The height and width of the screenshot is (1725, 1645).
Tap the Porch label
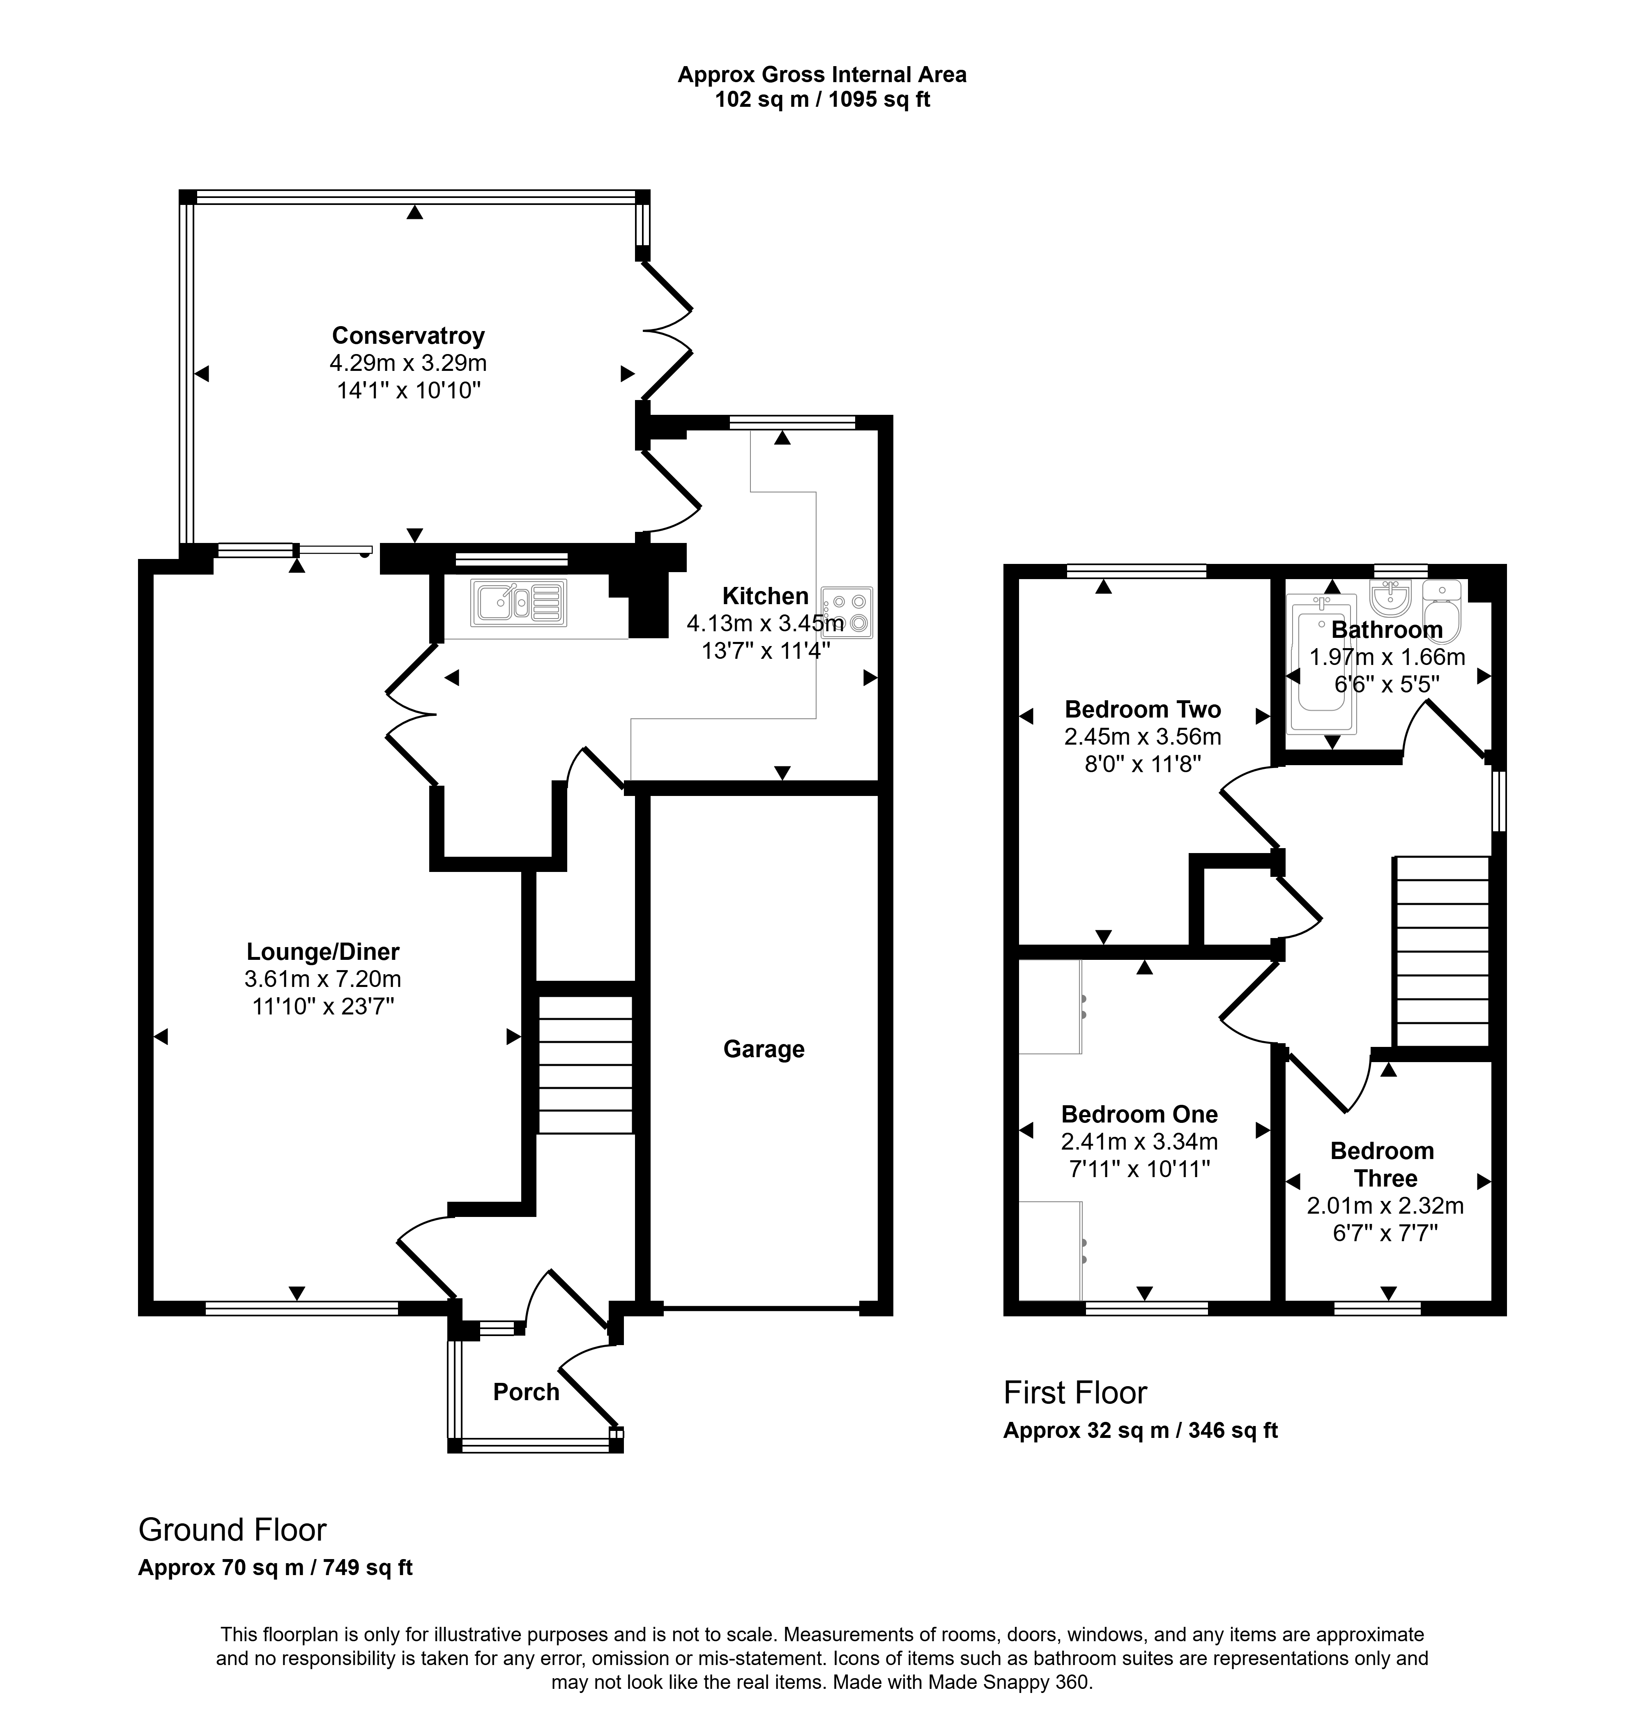(526, 1392)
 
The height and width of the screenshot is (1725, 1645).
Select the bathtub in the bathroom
(1321, 664)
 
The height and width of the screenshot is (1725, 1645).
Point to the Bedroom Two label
(1143, 708)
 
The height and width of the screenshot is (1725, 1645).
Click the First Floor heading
(1075, 1393)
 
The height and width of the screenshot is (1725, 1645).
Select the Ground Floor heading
(232, 1529)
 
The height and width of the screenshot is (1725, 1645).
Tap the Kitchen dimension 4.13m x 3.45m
(766, 623)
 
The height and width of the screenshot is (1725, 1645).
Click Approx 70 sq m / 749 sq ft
(275, 1567)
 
